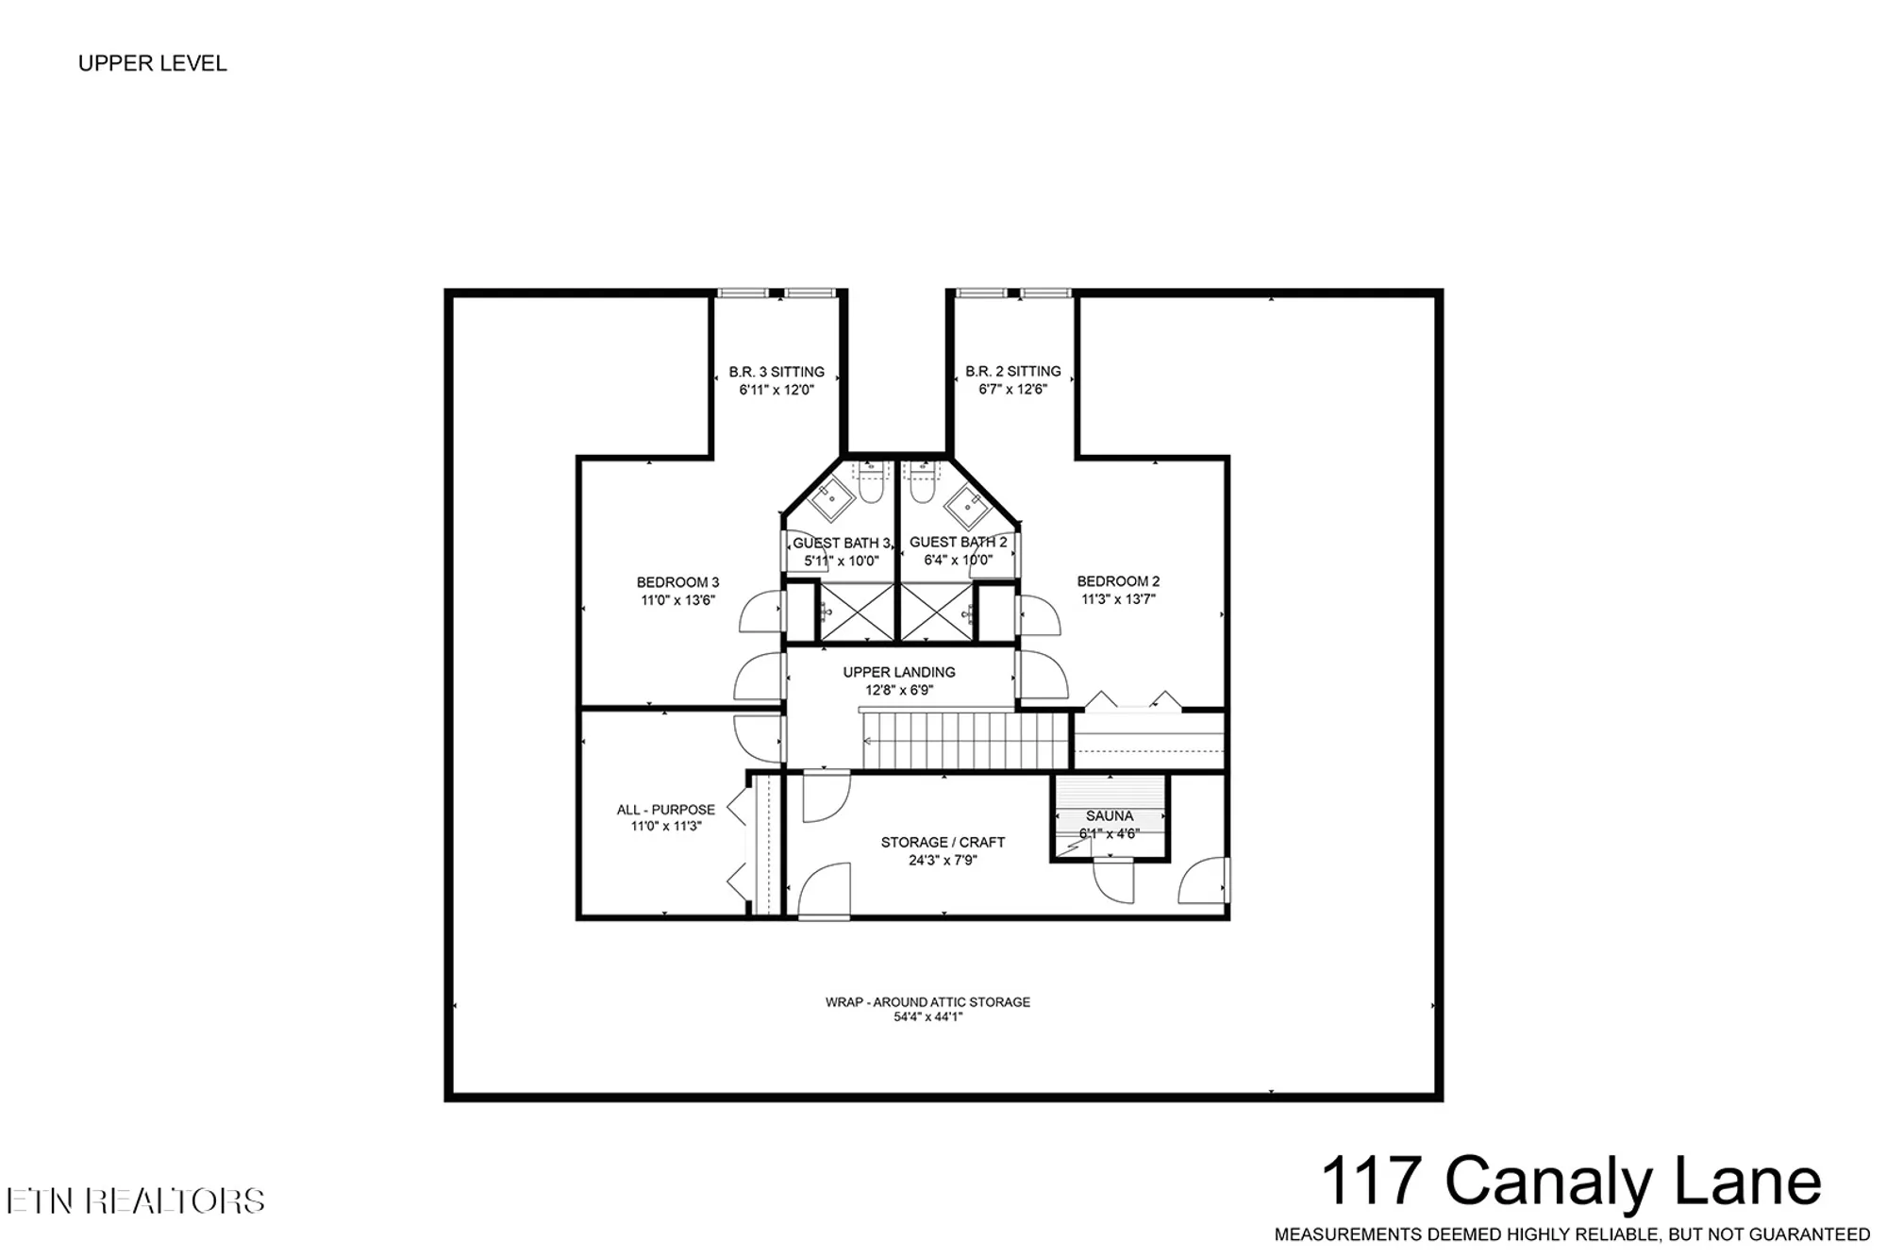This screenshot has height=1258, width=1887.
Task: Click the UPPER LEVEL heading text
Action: click(x=152, y=63)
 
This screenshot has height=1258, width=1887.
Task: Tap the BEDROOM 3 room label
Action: click(x=677, y=582)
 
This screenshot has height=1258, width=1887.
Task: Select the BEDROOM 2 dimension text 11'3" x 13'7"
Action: click(x=1118, y=598)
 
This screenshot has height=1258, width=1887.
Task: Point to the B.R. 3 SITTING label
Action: click(x=777, y=372)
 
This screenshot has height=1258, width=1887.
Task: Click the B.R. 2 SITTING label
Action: click(x=1013, y=371)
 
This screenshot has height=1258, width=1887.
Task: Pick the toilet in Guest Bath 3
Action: click(x=870, y=485)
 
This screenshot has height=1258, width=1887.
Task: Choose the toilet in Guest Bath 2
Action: click(x=922, y=485)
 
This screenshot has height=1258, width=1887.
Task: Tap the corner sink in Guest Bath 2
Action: click(x=967, y=507)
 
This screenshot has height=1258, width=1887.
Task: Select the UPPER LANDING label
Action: click(x=899, y=672)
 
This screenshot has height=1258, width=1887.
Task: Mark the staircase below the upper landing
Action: click(x=964, y=740)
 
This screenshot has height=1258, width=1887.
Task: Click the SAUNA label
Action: click(x=1110, y=815)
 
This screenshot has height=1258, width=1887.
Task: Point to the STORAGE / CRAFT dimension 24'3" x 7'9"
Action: click(x=943, y=860)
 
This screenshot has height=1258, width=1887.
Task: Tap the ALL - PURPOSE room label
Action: click(x=666, y=810)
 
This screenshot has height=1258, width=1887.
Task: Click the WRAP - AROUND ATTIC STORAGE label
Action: click(x=927, y=1001)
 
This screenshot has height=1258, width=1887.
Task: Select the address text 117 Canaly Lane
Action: click(x=1571, y=1181)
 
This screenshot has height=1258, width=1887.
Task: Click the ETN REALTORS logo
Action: click(x=135, y=1200)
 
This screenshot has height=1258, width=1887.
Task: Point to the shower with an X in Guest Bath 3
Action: click(x=857, y=612)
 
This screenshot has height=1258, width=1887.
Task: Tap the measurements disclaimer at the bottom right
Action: click(x=1572, y=1234)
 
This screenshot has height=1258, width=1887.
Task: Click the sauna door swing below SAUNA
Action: click(x=1113, y=881)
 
